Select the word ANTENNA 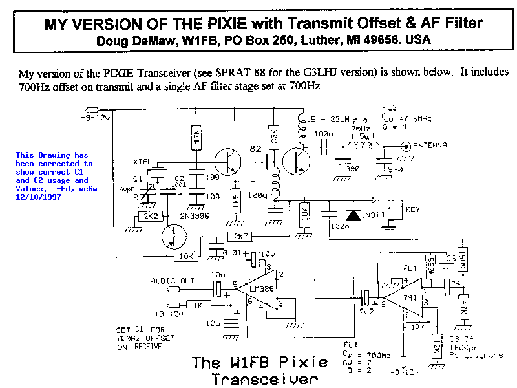click(x=429, y=146)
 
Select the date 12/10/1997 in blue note click(x=38, y=197)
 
